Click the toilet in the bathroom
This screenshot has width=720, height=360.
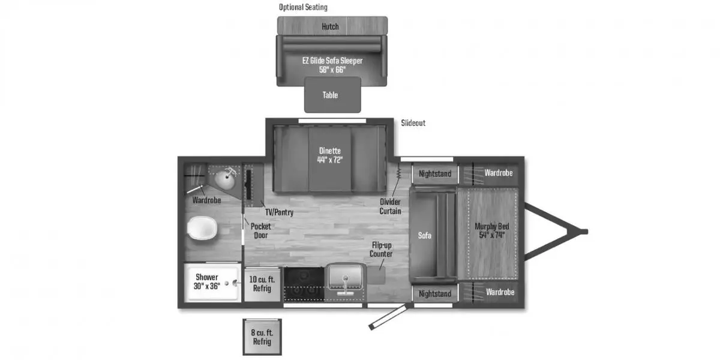202,228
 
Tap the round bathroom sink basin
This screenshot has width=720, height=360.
224,180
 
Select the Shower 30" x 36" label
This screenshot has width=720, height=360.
206,281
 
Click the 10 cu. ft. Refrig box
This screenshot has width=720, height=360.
262,285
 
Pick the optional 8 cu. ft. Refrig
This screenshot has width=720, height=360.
262,337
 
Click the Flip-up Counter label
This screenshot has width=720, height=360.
381,250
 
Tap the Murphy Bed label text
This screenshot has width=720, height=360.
492,230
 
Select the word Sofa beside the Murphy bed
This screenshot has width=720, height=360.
425,236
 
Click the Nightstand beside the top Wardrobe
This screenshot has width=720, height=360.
435,174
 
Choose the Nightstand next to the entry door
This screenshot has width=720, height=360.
435,293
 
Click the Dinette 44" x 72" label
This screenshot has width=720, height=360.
330,155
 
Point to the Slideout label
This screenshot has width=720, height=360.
413,123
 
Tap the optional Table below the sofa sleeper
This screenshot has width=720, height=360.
332,95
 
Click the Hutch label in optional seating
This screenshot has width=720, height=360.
330,26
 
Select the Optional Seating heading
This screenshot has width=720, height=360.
303,7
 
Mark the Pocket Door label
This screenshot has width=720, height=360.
260,231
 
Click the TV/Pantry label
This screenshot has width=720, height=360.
280,212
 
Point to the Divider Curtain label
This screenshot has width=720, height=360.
390,206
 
